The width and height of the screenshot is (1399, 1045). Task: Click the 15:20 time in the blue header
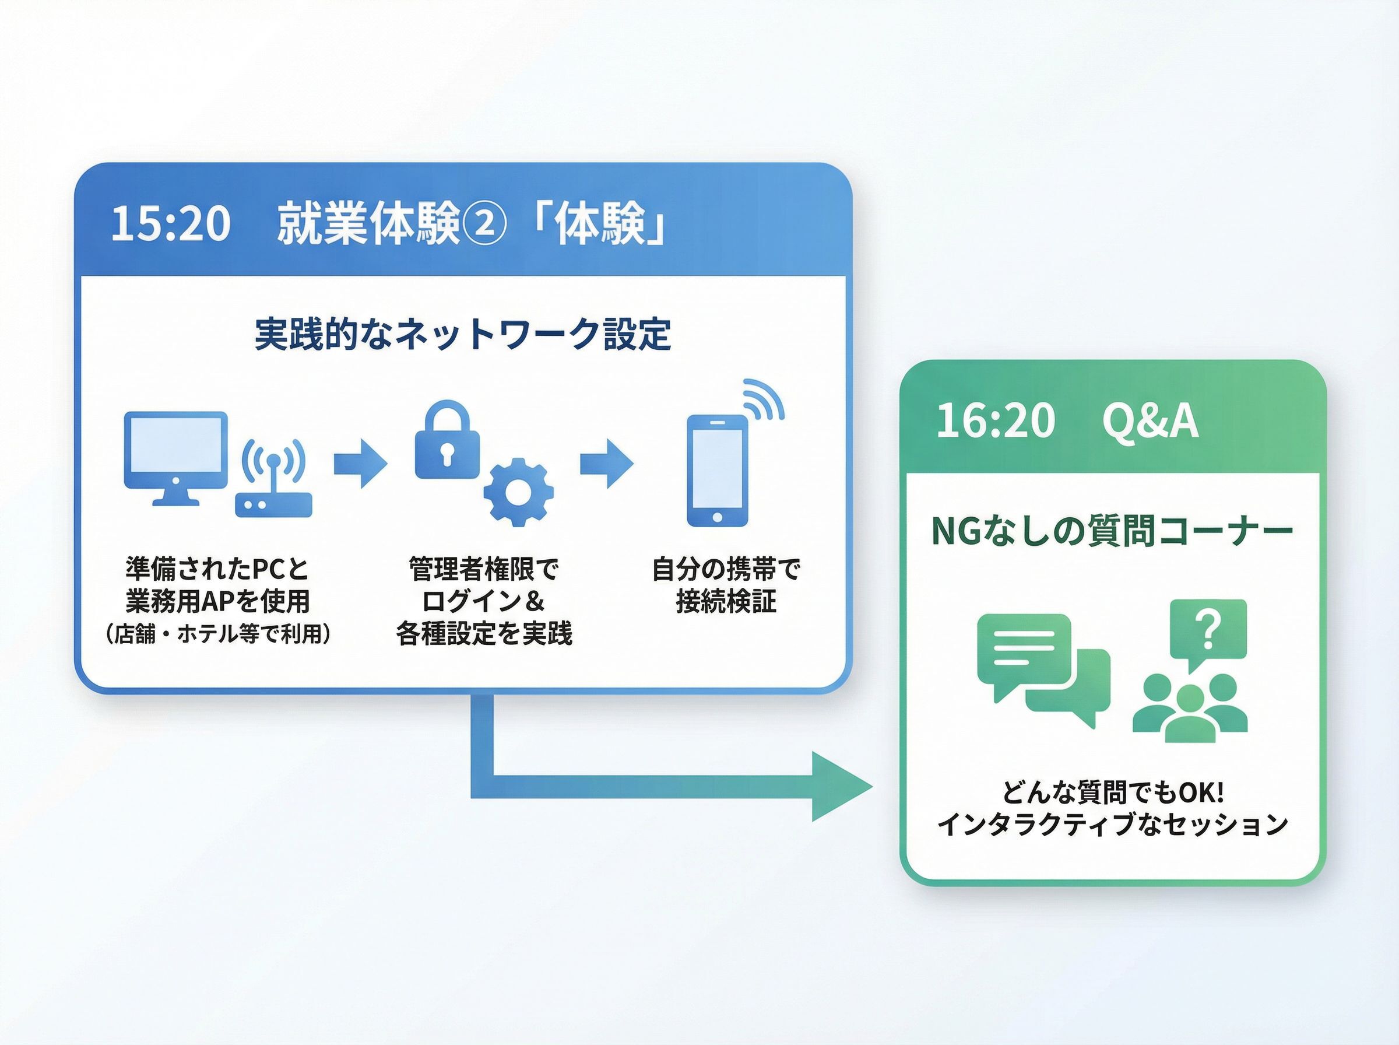pos(170,224)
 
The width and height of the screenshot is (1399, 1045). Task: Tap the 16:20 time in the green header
pos(996,420)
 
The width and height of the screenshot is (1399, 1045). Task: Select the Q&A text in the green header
pos(1150,421)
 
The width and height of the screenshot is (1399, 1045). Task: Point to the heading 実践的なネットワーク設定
pos(463,334)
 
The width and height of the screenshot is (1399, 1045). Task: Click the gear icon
pos(518,492)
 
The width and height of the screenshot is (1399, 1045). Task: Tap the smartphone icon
pos(718,471)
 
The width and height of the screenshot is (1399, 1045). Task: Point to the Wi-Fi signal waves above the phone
pos(763,401)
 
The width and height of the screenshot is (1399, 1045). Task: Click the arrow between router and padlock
pos(360,463)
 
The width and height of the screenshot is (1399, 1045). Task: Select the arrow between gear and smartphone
pos(607,463)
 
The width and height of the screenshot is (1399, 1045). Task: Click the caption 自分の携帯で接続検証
pos(726,585)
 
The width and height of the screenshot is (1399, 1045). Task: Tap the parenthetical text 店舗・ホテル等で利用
pos(217,633)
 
